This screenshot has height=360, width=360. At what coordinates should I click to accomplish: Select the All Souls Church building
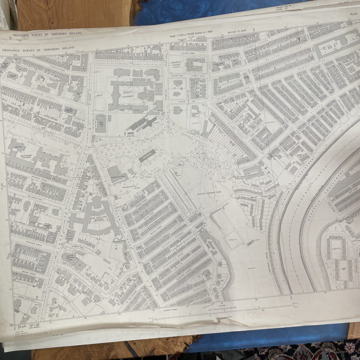[x=14, y=76]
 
